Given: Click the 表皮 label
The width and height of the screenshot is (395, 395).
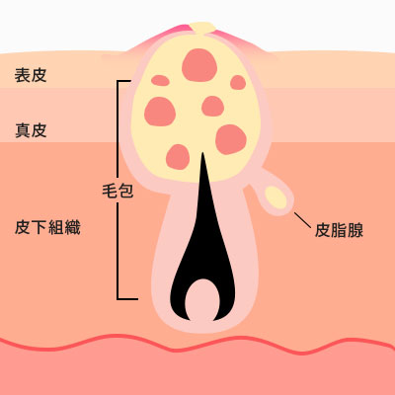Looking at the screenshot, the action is coord(31,75).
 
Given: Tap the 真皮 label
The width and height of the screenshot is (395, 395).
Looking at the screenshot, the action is coord(31,130).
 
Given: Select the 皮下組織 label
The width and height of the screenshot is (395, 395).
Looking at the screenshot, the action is coord(47,227).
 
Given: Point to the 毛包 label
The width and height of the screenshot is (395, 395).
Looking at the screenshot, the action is coord(118,191).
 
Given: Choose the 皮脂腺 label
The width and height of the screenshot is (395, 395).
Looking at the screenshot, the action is coord(339,230).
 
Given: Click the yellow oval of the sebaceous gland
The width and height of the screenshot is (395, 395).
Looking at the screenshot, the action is coord(276,197).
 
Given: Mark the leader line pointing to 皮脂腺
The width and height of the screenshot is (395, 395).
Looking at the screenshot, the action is coord(302,220).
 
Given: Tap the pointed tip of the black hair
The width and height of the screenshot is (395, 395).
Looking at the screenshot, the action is coord(202,152).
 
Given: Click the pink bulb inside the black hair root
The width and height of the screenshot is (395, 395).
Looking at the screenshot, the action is coord(202,300).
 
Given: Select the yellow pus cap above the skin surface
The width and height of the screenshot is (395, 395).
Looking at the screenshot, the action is coord(202,28).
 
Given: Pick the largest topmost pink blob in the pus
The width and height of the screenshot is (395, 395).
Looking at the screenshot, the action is coord(199,65).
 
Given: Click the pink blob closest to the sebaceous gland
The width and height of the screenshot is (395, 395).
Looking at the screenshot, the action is coord(231,139).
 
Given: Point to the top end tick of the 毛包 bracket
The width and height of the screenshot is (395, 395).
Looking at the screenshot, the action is coord(124,81).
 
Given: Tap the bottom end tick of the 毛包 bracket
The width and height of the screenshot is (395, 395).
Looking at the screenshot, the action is coord(127,299).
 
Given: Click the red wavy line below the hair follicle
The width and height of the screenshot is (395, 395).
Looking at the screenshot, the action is coord(197,344).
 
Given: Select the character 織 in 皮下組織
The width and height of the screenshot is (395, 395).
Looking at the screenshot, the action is coord(72,227).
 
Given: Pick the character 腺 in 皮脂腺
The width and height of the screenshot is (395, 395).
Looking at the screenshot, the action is coord(355,230).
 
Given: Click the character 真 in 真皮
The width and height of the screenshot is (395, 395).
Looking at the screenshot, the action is coord(23,130).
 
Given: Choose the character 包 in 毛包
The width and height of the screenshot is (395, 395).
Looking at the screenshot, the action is coord(125,191).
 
